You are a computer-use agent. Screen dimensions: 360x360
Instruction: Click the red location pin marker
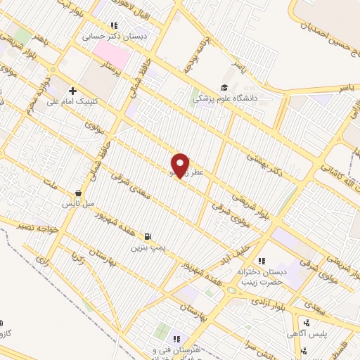click(x=181, y=165)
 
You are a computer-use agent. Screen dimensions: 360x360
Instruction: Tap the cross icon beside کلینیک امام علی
click(x=73, y=90)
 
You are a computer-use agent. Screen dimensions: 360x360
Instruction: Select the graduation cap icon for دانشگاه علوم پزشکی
click(x=224, y=87)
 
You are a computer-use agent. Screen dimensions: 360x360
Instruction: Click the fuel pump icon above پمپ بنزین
click(x=147, y=236)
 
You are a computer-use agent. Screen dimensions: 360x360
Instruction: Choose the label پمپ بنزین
click(x=148, y=248)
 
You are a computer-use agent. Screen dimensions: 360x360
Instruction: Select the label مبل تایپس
click(x=79, y=204)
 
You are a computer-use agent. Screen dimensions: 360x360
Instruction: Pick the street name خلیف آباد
click(x=243, y=250)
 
